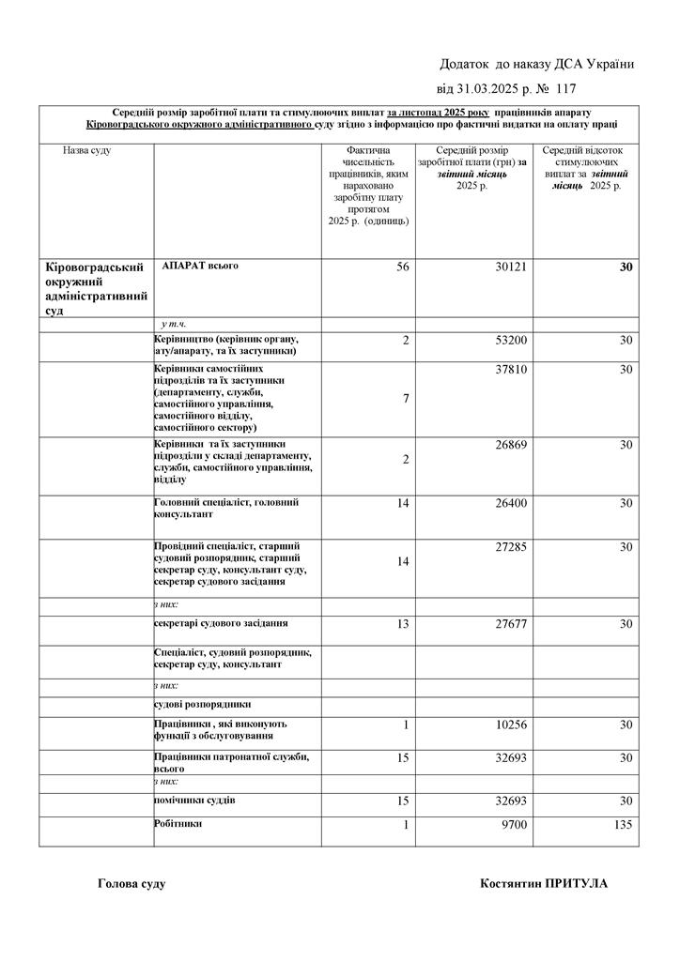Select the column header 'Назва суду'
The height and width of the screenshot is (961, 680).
[86, 150]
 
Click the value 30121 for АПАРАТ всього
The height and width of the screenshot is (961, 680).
[511, 267]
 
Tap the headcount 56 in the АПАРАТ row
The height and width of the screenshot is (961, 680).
[403, 267]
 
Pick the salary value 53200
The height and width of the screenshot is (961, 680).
[511, 340]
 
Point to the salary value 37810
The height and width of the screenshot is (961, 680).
[511, 370]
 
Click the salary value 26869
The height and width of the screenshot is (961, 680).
[511, 445]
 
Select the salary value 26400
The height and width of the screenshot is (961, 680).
[511, 504]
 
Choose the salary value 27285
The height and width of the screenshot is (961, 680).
[511, 547]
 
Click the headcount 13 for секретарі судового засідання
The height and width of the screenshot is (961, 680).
[403, 623]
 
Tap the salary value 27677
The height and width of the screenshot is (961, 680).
[511, 623]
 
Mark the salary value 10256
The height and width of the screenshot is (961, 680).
[511, 725]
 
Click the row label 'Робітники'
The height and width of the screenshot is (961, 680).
[178, 823]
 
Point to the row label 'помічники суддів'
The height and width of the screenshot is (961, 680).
[194, 800]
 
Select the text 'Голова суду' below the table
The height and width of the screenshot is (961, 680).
[131, 883]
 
